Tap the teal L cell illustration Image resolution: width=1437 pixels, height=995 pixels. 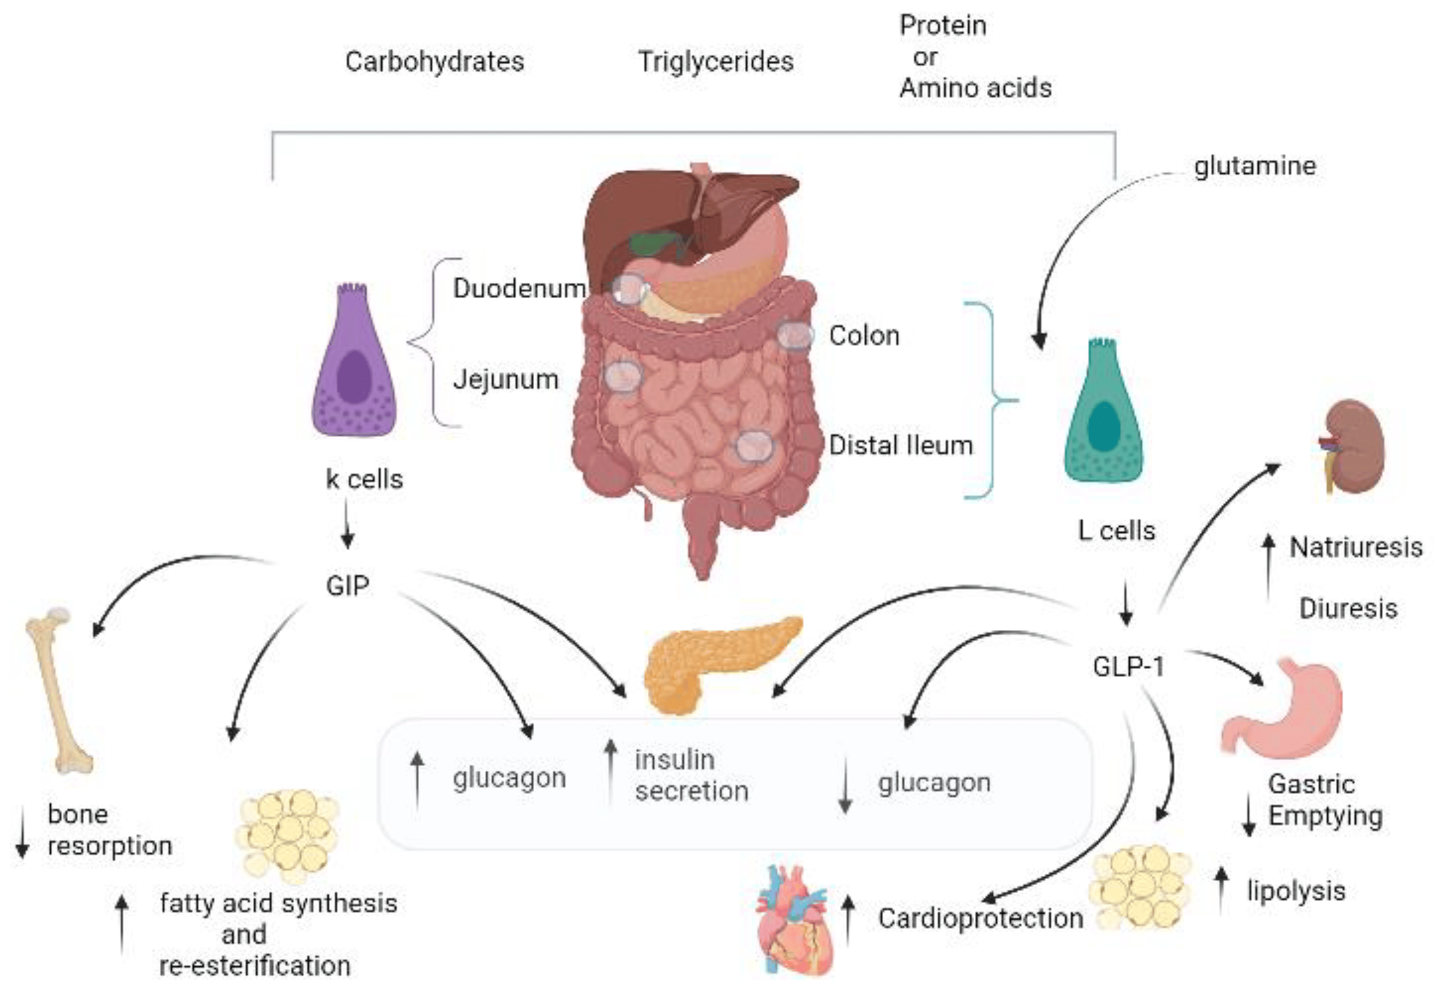(1103, 414)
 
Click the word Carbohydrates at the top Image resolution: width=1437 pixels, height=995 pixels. (435, 62)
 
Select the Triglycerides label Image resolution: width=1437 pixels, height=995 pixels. (716, 62)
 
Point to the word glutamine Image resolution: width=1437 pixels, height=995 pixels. (1254, 166)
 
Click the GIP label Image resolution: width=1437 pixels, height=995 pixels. (347, 586)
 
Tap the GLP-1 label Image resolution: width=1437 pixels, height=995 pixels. (1129, 667)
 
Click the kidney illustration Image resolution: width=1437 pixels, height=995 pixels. (1353, 446)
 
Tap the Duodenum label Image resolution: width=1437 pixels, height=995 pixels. (519, 289)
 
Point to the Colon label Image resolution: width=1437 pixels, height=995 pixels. (864, 336)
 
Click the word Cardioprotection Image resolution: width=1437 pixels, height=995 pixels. (981, 918)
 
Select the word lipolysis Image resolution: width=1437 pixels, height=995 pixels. (1296, 891)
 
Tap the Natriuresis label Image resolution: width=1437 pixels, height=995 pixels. (1356, 547)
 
